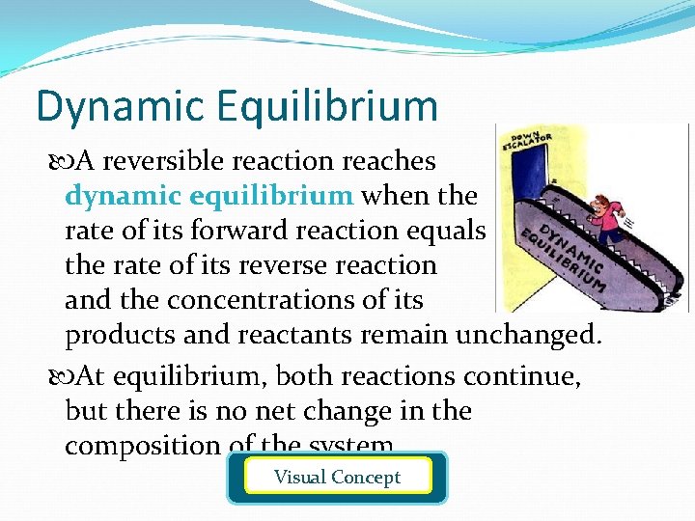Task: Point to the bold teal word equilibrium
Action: point(272,196)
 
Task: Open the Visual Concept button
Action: point(337,477)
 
